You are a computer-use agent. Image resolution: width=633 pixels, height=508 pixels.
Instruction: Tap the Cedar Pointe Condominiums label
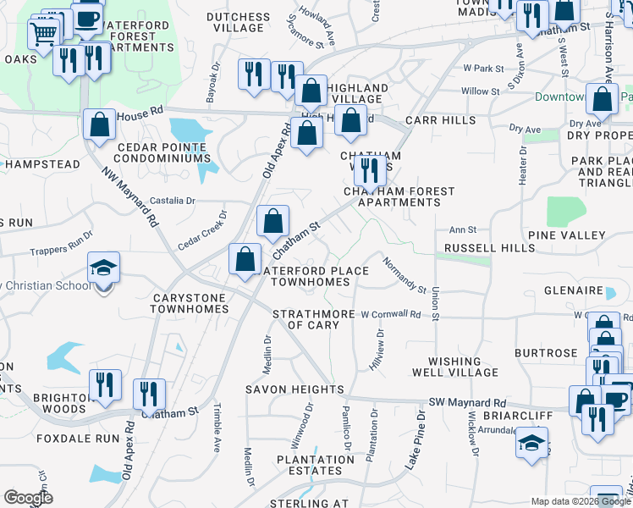pos(159,152)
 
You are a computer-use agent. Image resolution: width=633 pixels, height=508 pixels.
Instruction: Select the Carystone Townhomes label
pos(190,304)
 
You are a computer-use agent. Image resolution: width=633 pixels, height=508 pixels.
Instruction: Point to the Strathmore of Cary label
pos(313,319)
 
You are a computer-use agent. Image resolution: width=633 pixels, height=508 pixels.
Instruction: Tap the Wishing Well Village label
pos(455,367)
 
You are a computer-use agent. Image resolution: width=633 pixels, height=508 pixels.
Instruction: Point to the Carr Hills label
pos(440,120)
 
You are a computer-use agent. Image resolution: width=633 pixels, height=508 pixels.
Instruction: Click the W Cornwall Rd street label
pos(391,314)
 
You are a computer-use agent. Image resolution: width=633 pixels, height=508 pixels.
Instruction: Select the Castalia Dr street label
pos(172,201)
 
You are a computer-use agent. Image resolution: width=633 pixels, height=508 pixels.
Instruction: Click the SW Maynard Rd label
pos(467,403)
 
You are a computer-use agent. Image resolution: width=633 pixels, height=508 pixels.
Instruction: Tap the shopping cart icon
pos(44,32)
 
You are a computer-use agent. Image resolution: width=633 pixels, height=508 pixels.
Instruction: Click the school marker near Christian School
pos(104,270)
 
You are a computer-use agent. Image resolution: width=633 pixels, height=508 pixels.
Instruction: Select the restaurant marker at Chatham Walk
pos(370,169)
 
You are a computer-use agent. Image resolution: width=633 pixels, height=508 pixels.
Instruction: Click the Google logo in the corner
pos(28,498)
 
